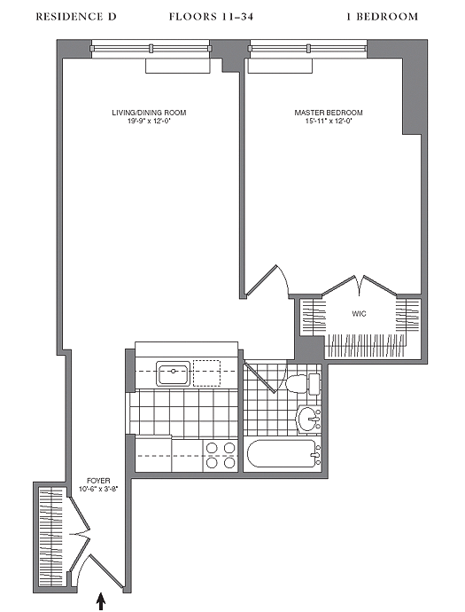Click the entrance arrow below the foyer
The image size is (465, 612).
click(101, 601)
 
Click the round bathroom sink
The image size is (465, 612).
click(309, 420)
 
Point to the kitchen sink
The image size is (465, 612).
click(173, 373)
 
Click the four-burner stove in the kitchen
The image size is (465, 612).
click(221, 455)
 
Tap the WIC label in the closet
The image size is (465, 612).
click(359, 313)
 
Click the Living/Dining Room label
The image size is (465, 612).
click(149, 113)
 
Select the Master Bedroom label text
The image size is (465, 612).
click(329, 113)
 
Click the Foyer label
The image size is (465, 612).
click(98, 481)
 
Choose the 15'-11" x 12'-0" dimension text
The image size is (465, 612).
click(329, 121)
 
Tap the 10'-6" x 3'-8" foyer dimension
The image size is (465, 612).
click(98, 489)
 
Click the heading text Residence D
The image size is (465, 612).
click(76, 16)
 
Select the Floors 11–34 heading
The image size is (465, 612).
click(212, 16)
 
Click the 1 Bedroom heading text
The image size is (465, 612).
click(383, 16)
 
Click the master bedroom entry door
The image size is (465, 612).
click(267, 280)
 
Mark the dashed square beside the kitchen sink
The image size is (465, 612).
click(206, 373)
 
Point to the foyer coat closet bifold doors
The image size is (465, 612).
click(80, 534)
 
